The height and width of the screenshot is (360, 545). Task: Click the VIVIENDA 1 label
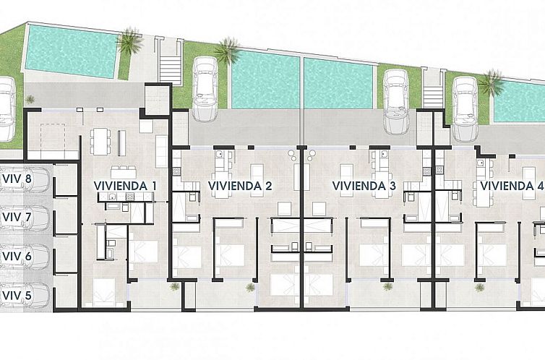click(x=125, y=186)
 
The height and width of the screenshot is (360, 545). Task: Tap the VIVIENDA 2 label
click(x=240, y=186)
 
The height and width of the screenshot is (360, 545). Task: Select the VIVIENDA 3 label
click(x=364, y=186)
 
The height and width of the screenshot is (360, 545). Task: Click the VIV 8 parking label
click(x=16, y=179)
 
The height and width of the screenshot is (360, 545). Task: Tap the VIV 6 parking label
click(x=16, y=257)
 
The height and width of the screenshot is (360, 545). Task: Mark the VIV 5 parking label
click(x=16, y=296)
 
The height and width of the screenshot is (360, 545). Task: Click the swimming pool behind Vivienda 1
click(x=69, y=51)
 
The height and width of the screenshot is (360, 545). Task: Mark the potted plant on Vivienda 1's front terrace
click(x=174, y=286)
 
